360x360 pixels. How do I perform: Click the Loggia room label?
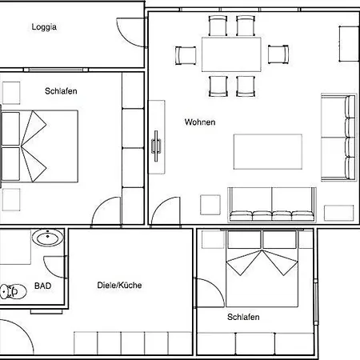(x=44, y=27)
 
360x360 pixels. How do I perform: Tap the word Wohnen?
(x=200, y=122)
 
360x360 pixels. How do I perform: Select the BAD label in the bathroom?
(x=42, y=286)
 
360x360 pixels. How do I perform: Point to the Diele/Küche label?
(x=119, y=285)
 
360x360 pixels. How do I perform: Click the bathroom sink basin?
(x=48, y=238)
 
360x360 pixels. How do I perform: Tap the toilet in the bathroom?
(x=14, y=291)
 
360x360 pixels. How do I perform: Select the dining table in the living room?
(x=231, y=54)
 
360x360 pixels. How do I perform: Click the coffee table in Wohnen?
(x=268, y=152)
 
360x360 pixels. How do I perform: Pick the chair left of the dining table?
(x=186, y=55)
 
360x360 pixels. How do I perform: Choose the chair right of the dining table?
(x=278, y=54)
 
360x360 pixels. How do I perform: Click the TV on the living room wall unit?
(x=156, y=146)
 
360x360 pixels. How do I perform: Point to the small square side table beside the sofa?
(x=210, y=205)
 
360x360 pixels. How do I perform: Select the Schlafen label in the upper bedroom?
(x=61, y=91)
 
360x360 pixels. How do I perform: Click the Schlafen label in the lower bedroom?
(x=243, y=317)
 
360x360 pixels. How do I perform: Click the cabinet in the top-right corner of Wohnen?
(x=349, y=44)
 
